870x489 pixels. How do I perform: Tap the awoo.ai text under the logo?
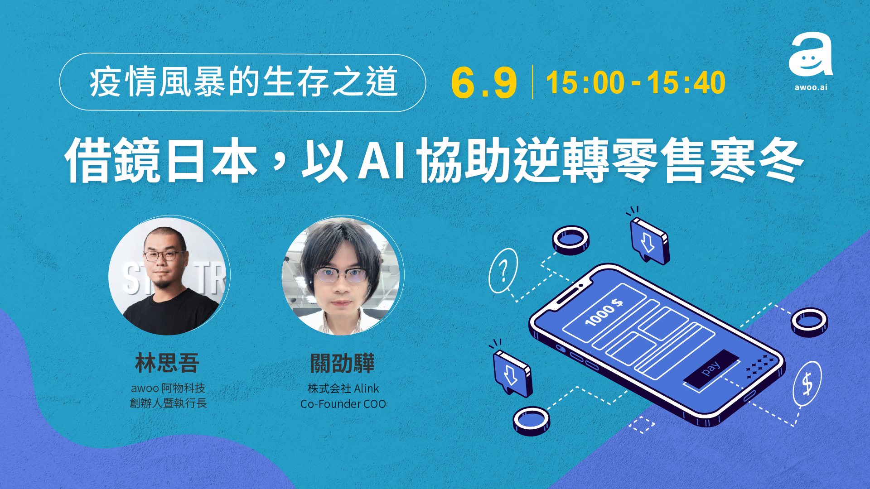[x=811, y=87]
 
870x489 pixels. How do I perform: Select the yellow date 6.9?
[x=484, y=83]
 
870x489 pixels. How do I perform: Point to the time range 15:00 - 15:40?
[x=636, y=82]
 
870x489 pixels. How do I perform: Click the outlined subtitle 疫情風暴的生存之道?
[x=243, y=82]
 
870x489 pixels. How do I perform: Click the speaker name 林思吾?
[x=167, y=363]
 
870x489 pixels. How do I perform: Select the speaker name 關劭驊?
[x=343, y=363]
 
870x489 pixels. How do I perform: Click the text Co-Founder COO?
[x=343, y=404]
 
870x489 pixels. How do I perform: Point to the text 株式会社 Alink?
[x=343, y=388]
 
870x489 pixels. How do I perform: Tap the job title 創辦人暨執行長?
[x=168, y=403]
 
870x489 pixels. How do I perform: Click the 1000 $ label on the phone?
[x=604, y=312]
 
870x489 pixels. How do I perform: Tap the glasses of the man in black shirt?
[x=165, y=255]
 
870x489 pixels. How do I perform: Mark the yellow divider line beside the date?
[x=532, y=82]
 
